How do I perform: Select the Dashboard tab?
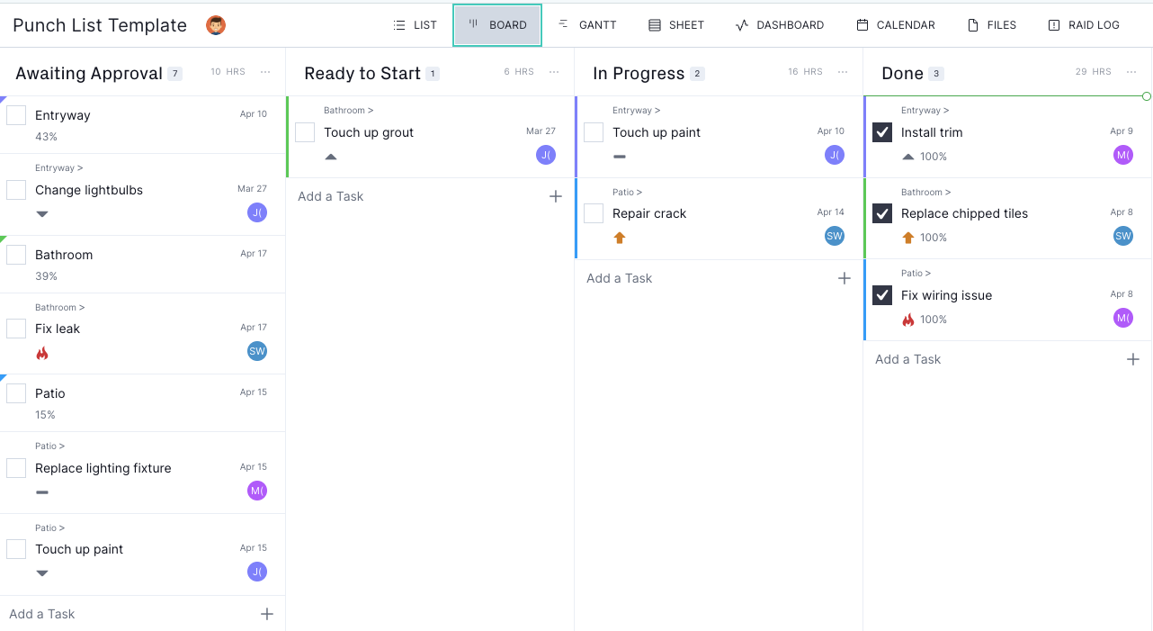[779, 24]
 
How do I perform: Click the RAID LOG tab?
[1084, 24]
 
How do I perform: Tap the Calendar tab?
[896, 24]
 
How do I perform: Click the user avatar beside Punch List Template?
[216, 24]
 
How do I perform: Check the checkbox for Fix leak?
[16, 329]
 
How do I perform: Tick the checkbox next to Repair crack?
[594, 213]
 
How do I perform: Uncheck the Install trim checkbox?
[882, 131]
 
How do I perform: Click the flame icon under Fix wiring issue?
[908, 320]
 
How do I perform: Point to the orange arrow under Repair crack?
[620, 238]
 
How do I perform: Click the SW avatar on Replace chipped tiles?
[1123, 236]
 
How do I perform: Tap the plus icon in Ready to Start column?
[556, 196]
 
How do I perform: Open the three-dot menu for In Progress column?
[843, 72]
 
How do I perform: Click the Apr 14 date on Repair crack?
[830, 212]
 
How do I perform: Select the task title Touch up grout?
[369, 132]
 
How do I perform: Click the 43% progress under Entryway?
[46, 137]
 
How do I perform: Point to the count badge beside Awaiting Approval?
[175, 74]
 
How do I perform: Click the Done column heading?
[902, 73]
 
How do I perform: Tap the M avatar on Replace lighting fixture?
[257, 491]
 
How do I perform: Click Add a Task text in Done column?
[908, 359]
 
